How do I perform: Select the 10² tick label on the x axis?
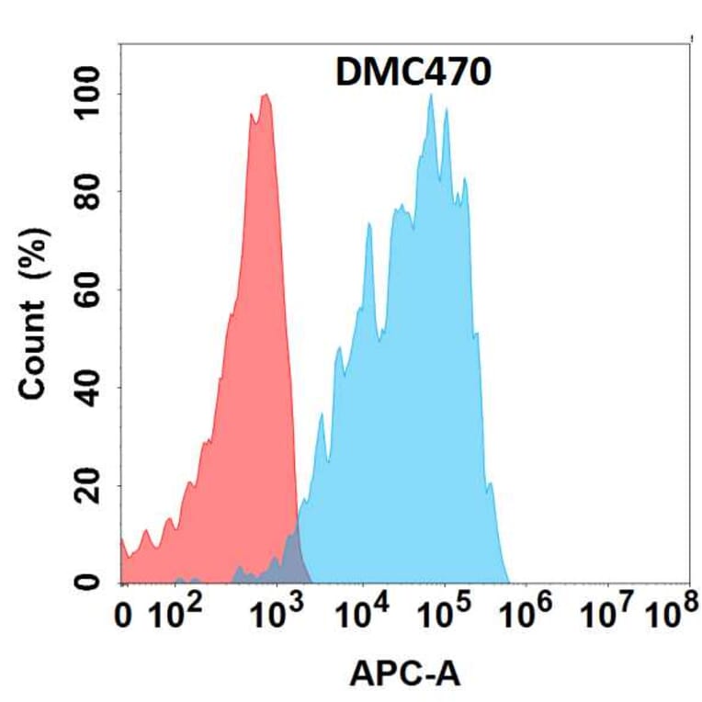click(175, 617)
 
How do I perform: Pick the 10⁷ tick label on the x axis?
click(611, 617)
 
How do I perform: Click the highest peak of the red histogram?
click(266, 96)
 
